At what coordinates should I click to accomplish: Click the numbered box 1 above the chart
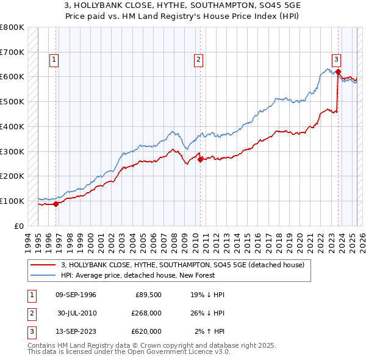pyautogui.click(x=54, y=60)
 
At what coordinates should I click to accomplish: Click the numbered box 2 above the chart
pyautogui.click(x=199, y=60)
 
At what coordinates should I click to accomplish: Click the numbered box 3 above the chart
pyautogui.click(x=336, y=60)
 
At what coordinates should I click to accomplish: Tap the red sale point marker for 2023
pyautogui.click(x=337, y=72)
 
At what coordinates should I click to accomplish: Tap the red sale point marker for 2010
pyautogui.click(x=200, y=160)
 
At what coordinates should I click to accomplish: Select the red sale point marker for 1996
pyautogui.click(x=56, y=204)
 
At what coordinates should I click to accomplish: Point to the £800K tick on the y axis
pyautogui.click(x=12, y=27)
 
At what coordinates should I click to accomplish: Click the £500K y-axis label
pyautogui.click(x=12, y=101)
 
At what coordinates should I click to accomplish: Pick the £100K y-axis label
pyautogui.click(x=12, y=201)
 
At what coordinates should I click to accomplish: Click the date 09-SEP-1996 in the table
pyautogui.click(x=76, y=295)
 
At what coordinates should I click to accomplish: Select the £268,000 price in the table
pyautogui.click(x=146, y=313)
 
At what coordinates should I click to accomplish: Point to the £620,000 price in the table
pyautogui.click(x=146, y=331)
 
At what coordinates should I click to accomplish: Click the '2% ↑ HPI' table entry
pyautogui.click(x=210, y=331)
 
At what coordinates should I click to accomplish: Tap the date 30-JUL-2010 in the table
pyautogui.click(x=76, y=313)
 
